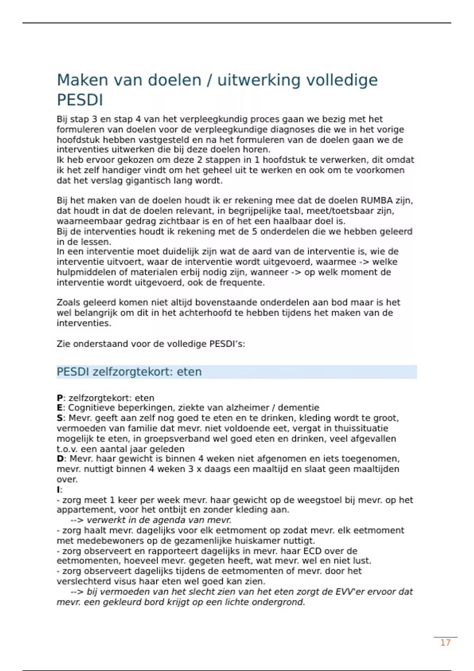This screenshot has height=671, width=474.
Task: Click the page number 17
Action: (445, 643)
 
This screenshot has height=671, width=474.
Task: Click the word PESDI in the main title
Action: (80, 100)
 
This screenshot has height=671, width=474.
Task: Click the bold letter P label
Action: (60, 398)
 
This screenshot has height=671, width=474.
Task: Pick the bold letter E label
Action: (60, 408)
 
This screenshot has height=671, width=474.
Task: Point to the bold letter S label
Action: (60, 418)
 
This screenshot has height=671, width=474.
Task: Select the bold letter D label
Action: (60, 459)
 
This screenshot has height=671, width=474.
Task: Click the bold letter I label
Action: (58, 490)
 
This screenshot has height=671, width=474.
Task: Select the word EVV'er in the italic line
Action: (350, 592)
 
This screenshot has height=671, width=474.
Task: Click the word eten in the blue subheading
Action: (189, 372)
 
